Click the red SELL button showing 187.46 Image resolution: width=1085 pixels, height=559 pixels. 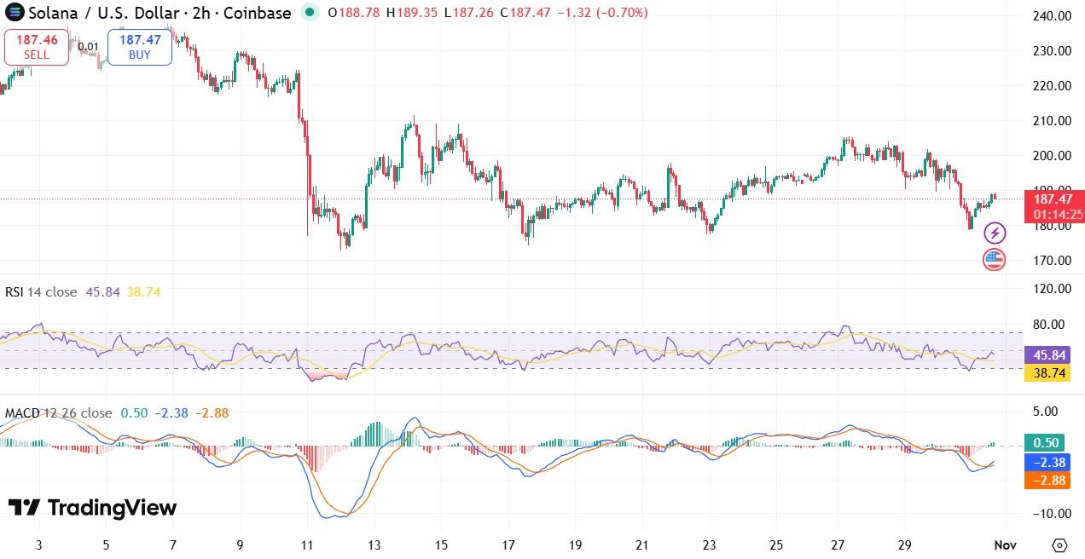37,47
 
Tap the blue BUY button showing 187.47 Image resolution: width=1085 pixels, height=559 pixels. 139,47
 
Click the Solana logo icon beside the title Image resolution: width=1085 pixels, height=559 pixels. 15,13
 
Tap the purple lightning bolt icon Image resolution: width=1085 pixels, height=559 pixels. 995,233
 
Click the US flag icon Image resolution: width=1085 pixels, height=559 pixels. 995,260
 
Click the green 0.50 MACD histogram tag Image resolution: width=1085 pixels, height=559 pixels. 1046,442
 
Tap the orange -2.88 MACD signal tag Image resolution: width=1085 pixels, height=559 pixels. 1046,481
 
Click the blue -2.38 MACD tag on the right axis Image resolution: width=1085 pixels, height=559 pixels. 1046,462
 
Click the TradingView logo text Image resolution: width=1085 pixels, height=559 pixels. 93,508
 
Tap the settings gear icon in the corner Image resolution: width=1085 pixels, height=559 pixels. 1060,545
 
